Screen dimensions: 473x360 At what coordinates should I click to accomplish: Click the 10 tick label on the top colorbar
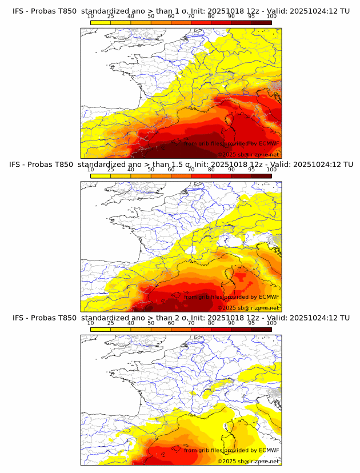coord(91,17)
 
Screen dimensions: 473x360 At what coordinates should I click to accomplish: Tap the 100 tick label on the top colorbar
coord(271,17)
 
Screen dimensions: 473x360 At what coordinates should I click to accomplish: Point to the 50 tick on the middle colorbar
coord(151,170)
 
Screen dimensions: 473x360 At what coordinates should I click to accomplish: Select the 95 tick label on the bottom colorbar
coord(251,323)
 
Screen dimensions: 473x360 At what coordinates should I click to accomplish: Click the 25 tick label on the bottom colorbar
coord(111,323)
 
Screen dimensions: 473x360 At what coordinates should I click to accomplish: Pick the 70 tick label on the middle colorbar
coord(191,170)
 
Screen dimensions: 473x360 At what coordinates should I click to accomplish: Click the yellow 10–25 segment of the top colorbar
coord(101,22)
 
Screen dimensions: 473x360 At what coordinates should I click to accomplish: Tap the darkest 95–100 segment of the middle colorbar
coord(261,175)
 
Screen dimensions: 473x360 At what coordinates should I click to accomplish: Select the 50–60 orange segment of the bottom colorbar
coord(161,329)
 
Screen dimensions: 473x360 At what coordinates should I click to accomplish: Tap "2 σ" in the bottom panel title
coord(185,318)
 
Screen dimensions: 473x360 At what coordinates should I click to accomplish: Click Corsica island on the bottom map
coord(232,427)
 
